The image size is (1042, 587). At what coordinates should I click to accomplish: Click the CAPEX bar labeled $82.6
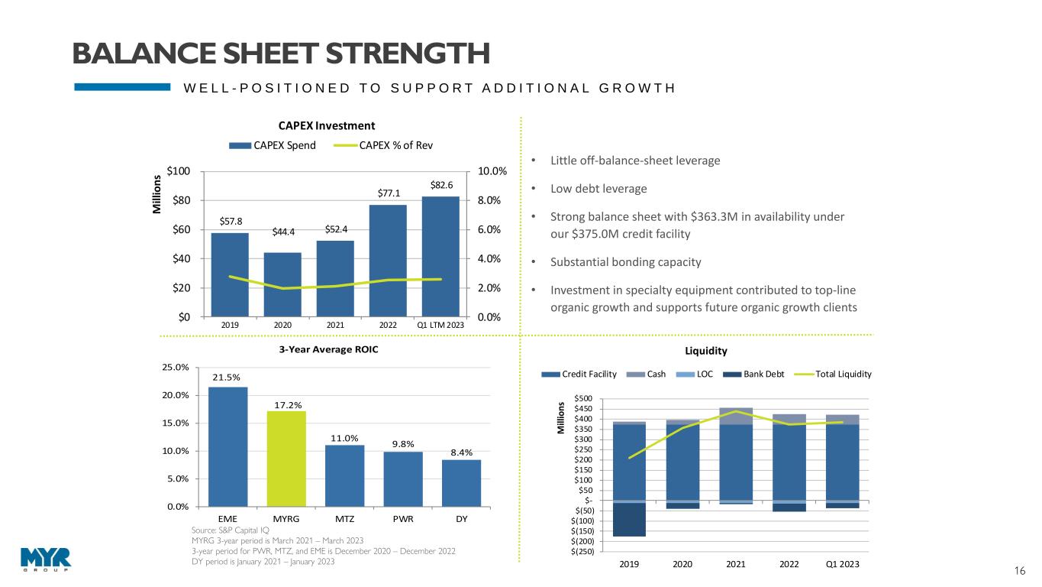440,256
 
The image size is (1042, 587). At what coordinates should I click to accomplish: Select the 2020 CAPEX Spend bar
282,284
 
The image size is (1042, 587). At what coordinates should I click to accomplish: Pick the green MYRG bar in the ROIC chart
286,459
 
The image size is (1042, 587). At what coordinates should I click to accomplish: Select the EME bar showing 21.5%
227,446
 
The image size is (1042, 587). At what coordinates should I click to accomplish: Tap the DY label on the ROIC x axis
461,519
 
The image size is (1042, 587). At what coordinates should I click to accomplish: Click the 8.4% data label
461,452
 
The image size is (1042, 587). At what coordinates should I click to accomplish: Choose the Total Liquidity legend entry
840,374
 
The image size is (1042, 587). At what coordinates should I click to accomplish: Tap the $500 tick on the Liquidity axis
582,399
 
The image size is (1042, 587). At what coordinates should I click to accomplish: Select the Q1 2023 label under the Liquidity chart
842,565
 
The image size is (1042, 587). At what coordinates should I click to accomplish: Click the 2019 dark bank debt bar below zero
630,520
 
